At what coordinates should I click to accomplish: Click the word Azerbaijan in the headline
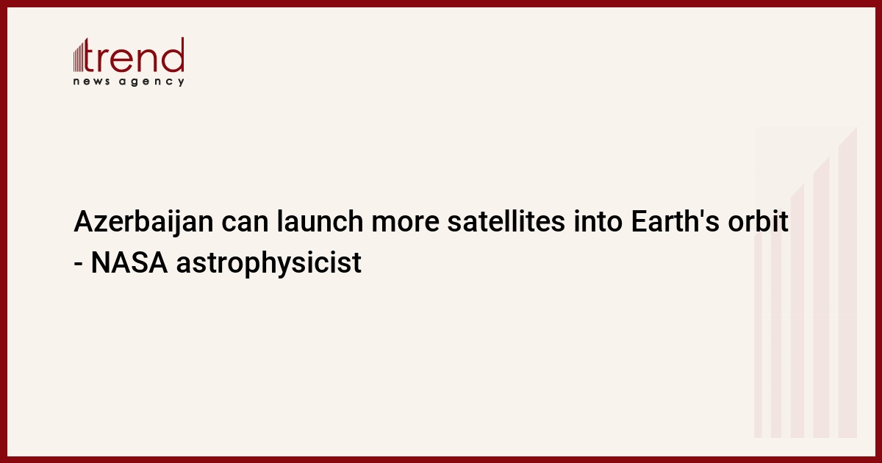pyautogui.click(x=143, y=223)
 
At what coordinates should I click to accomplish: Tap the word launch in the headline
pyautogui.click(x=320, y=221)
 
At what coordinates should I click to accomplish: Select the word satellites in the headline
pyautogui.click(x=506, y=221)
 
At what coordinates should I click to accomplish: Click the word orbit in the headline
pyautogui.click(x=758, y=221)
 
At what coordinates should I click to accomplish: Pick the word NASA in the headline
pyautogui.click(x=129, y=262)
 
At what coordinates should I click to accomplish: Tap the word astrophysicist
pyautogui.click(x=268, y=264)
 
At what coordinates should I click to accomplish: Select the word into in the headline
pyautogui.click(x=598, y=221)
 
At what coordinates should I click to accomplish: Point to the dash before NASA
pyautogui.click(x=78, y=265)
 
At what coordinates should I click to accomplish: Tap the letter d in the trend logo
pyautogui.click(x=173, y=54)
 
